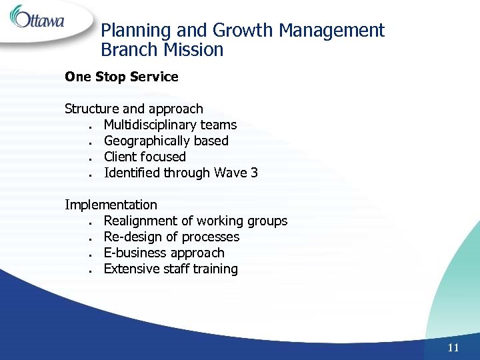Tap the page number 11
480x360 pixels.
pos(453,347)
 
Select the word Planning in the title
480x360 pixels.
pos(131,31)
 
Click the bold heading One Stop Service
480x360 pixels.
pos(121,77)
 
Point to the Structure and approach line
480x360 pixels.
pos(133,109)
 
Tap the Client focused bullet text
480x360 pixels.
pos(145,157)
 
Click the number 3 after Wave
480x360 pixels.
pos(253,173)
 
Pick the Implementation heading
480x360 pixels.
pos(111,205)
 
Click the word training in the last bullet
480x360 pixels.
pos(215,269)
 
